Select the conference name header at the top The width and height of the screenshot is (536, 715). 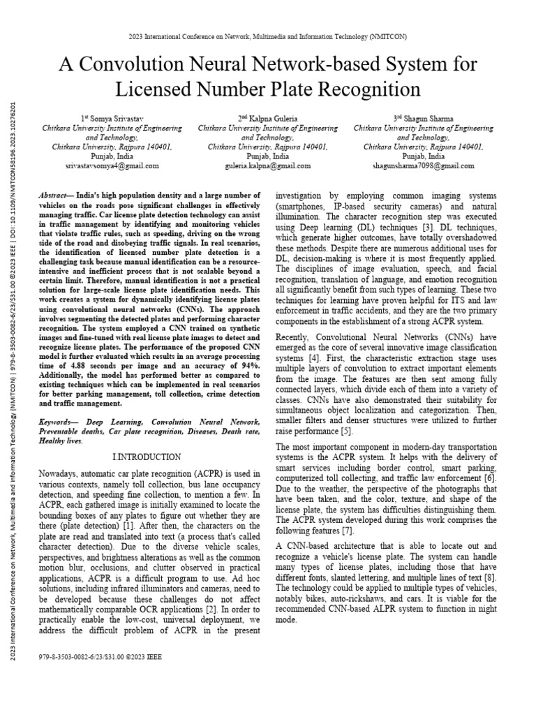click(268, 36)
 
